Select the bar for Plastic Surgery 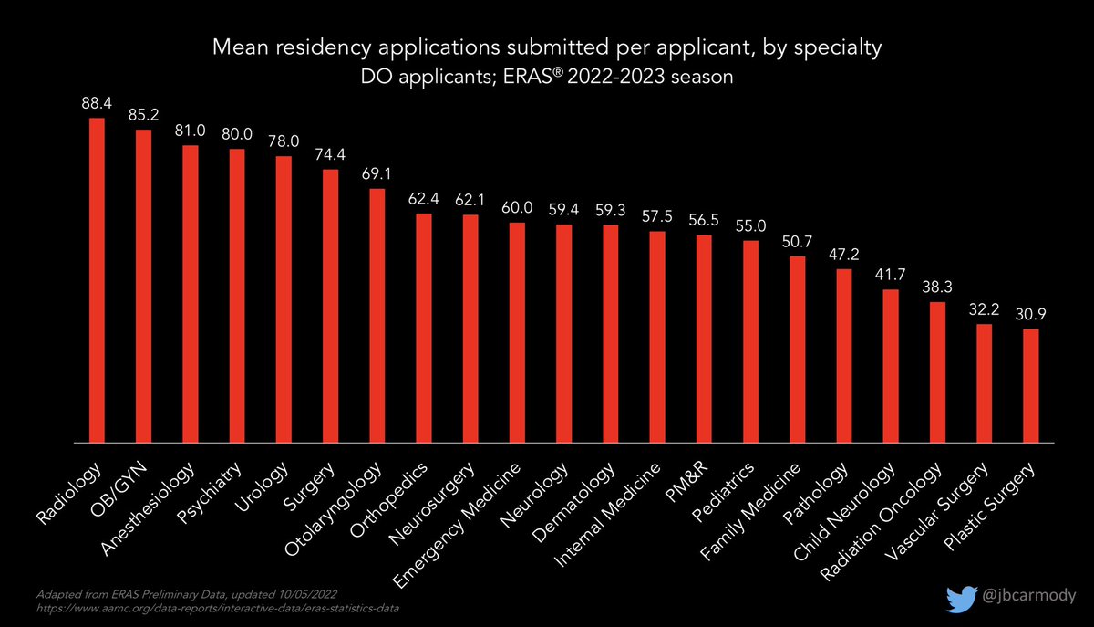tap(1030, 385)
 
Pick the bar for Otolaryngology tap(377, 316)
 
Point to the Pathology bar tap(844, 355)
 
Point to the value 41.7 tap(891, 275)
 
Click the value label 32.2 tap(984, 309)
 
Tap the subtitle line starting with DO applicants tap(547, 79)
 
